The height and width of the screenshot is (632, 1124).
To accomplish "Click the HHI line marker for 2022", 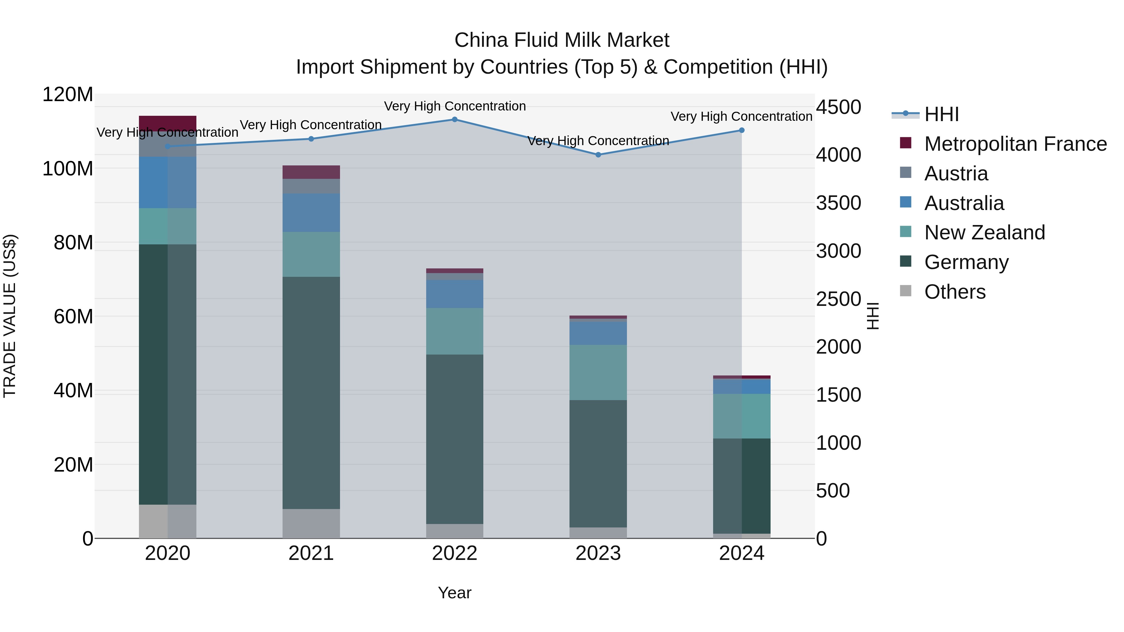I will coord(454,120).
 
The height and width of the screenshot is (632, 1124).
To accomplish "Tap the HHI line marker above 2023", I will coord(598,155).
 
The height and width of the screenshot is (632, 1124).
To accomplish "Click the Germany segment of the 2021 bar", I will coord(311,393).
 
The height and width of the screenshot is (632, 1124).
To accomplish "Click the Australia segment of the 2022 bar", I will coord(454,294).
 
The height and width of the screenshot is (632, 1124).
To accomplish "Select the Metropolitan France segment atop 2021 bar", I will coord(311,172).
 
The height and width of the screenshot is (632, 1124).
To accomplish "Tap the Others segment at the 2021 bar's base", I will coord(311,523).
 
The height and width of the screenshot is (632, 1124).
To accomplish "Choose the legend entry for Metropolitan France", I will coord(1015,144).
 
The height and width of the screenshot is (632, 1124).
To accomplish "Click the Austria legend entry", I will coord(956,174).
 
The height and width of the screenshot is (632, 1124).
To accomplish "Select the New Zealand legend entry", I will coord(984,233).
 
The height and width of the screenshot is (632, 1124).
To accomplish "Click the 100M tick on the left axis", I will coord(68,168).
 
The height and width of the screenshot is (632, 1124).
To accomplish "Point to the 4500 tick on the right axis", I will coord(838,107).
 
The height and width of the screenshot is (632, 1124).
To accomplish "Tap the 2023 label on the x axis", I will coord(598,553).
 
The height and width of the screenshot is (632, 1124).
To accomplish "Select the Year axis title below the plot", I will coord(454,593).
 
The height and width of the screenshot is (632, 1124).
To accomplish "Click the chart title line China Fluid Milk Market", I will coord(562,40).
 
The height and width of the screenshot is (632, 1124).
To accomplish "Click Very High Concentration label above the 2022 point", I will coord(455,106).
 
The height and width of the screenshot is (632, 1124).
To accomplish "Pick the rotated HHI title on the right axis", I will coord(872,316).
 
